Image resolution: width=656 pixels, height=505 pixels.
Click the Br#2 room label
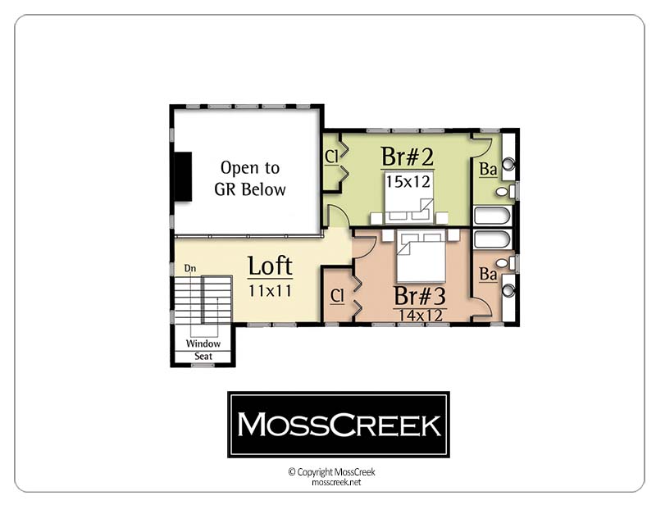click(x=407, y=157)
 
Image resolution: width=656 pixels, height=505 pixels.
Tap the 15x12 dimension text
click(x=408, y=182)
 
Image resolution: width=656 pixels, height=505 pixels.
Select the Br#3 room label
click(x=420, y=296)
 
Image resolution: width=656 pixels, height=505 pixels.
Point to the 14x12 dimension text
click(x=421, y=316)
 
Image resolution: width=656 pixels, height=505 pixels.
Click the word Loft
click(x=270, y=266)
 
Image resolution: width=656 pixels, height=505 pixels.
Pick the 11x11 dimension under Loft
click(x=270, y=291)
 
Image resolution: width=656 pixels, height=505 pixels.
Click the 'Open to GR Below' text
click(x=250, y=179)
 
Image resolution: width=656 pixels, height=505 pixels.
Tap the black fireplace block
click(x=183, y=176)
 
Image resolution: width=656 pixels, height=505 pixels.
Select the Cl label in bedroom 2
click(x=331, y=157)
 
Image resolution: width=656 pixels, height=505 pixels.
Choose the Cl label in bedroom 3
click(x=337, y=296)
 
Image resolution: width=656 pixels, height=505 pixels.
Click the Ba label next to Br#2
click(x=488, y=169)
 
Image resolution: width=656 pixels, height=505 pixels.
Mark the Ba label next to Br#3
click(x=488, y=274)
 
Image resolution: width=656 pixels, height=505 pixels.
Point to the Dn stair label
click(x=190, y=268)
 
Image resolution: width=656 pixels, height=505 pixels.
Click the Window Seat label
click(x=203, y=350)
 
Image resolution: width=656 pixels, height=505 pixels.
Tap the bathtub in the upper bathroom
click(x=493, y=216)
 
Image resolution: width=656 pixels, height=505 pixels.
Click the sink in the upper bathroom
click(x=508, y=164)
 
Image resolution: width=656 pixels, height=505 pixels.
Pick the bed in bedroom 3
click(x=421, y=256)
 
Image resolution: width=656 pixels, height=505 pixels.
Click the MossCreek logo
click(x=339, y=425)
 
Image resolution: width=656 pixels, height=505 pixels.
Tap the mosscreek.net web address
click(x=336, y=482)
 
